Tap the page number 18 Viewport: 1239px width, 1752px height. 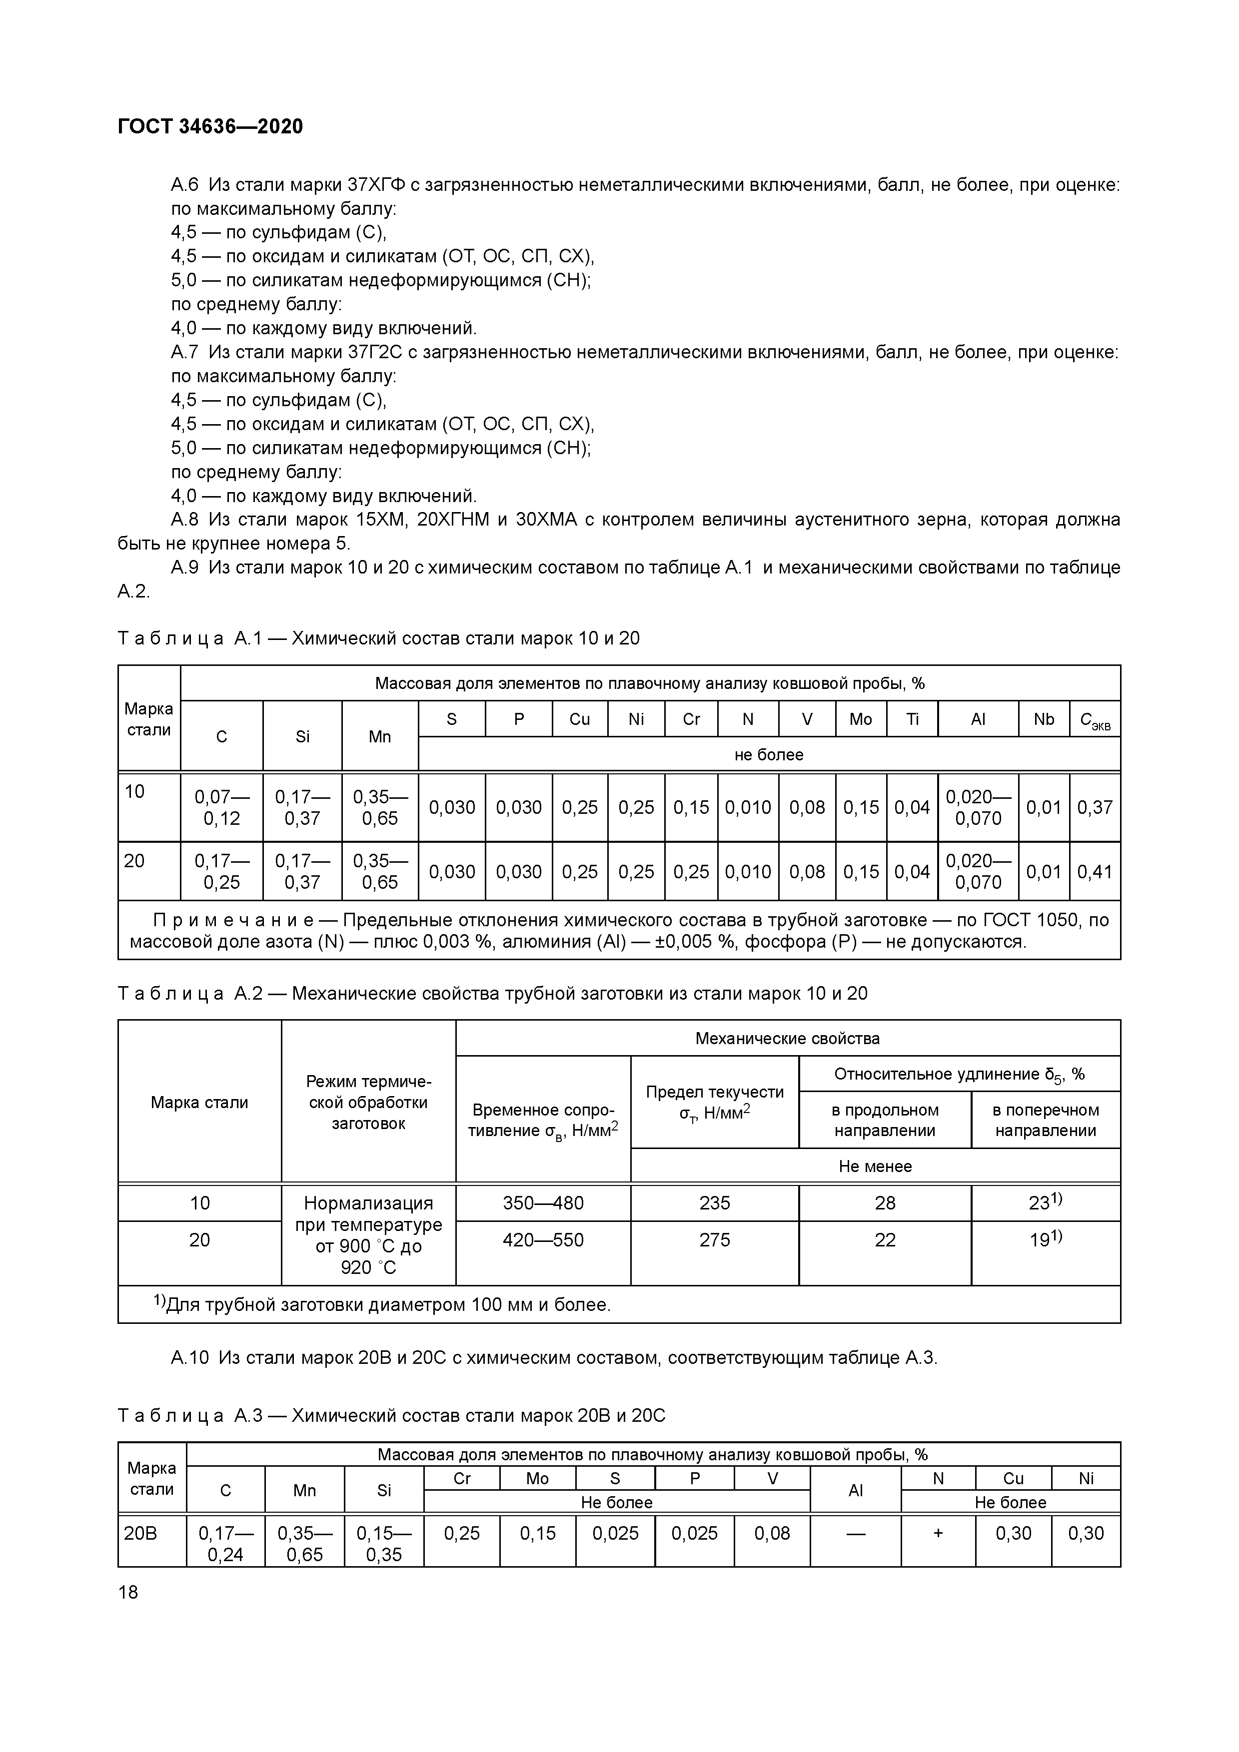pyautogui.click(x=128, y=1592)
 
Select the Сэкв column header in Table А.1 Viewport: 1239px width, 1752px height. pyautogui.click(x=1095, y=719)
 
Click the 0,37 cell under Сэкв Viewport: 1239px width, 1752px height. pyautogui.click(x=1095, y=807)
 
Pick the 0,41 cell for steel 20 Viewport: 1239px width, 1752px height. pyautogui.click(x=1095, y=871)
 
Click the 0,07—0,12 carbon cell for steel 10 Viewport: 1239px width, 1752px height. pyautogui.click(x=221, y=807)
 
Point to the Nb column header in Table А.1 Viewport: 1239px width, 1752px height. pyautogui.click(x=1044, y=719)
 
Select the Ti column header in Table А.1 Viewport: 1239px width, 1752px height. pyautogui.click(x=912, y=719)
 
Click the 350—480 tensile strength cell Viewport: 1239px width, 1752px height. pyautogui.click(x=543, y=1203)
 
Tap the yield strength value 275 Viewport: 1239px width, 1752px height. pyautogui.click(x=715, y=1240)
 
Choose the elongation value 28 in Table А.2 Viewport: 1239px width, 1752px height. pyautogui.click(x=885, y=1203)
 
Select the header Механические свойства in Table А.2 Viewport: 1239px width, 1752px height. pyautogui.click(x=787, y=1039)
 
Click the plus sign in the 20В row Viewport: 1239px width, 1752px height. pyautogui.click(x=938, y=1534)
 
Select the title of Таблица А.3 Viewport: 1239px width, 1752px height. pyautogui.click(x=392, y=1416)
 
